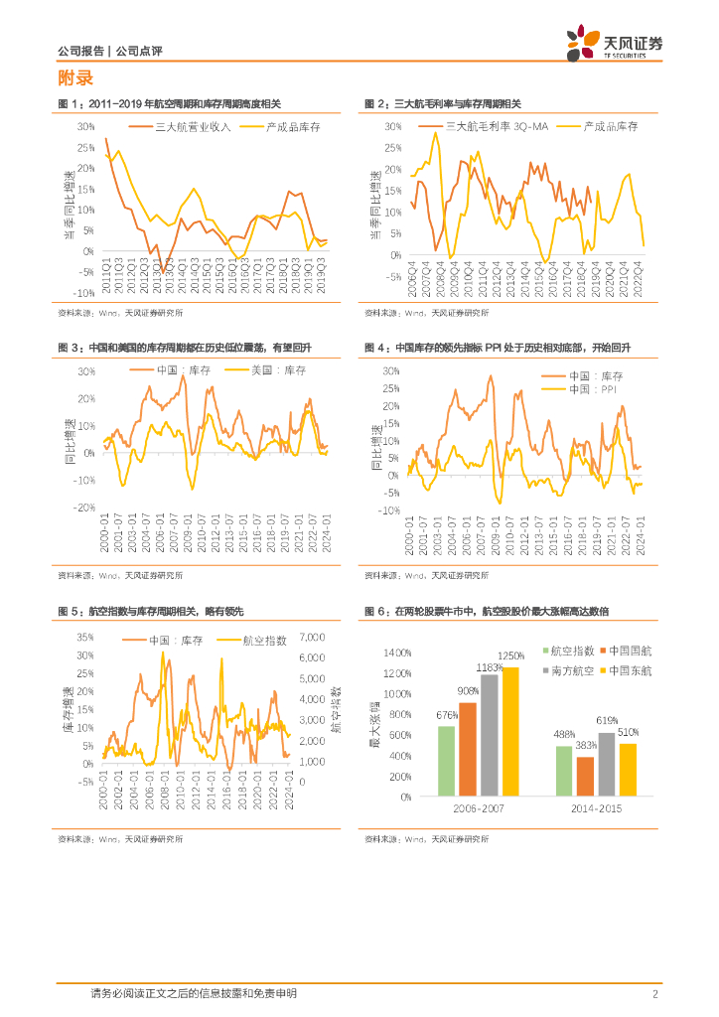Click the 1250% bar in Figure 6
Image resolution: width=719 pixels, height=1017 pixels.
click(x=509, y=732)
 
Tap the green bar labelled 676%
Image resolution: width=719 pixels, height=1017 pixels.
click(x=446, y=761)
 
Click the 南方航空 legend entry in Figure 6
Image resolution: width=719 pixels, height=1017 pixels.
click(x=572, y=671)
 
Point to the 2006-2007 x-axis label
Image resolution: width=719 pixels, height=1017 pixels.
click(x=479, y=809)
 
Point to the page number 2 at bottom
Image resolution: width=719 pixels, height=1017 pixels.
click(x=654, y=993)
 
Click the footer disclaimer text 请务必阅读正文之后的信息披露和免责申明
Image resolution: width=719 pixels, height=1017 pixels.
click(x=193, y=993)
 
